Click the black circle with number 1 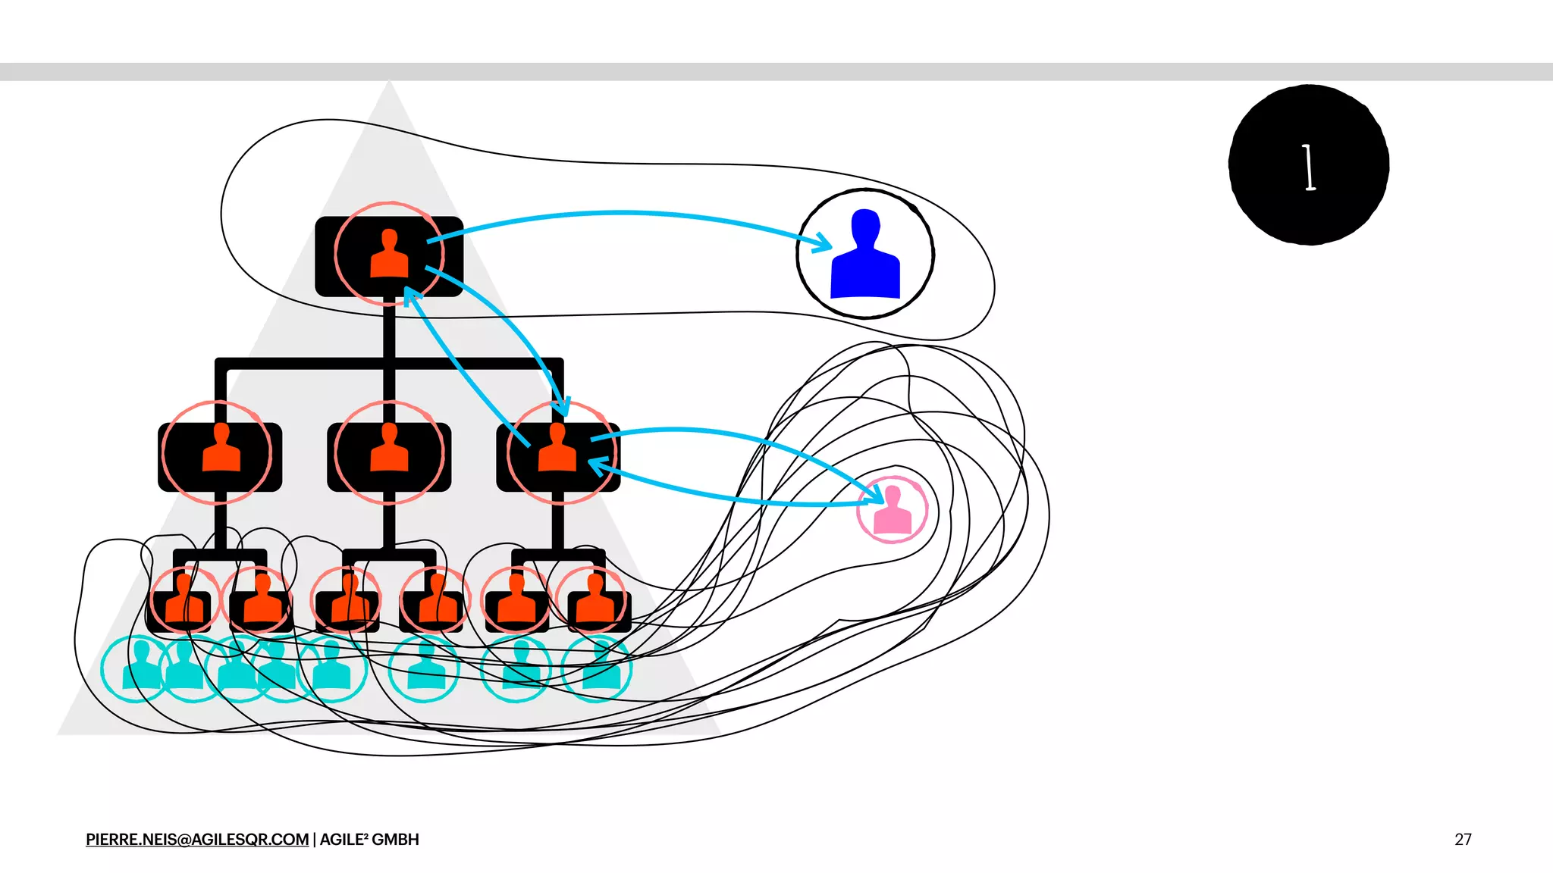pos(1309,164)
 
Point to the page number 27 pos(1463,840)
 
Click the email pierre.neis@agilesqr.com pos(197,840)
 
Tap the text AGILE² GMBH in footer pos(369,840)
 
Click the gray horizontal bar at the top pos(776,72)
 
